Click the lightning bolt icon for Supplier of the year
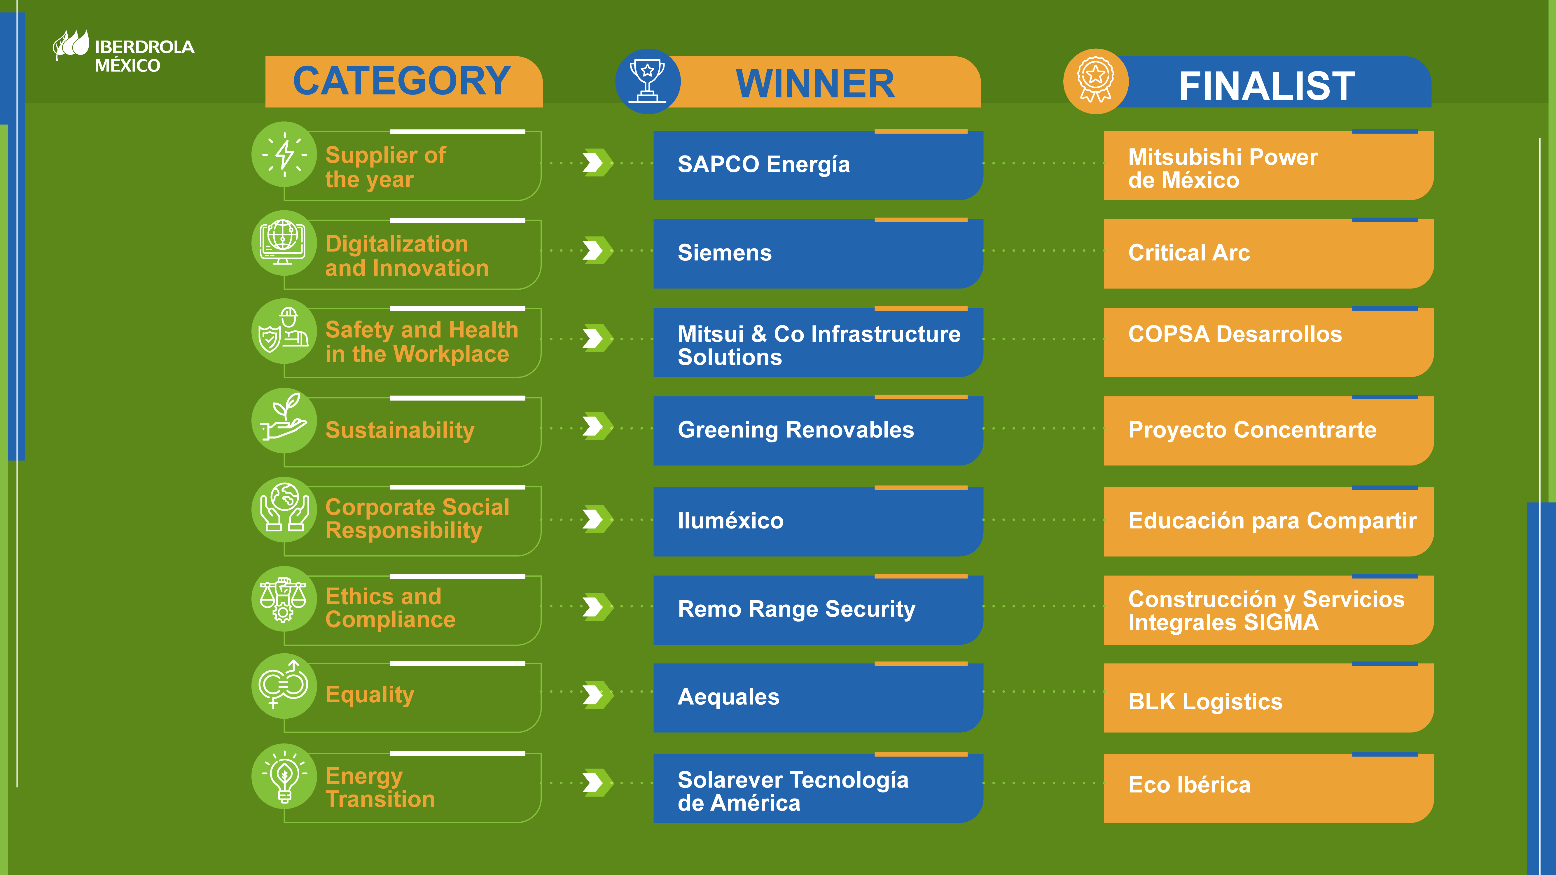284,155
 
